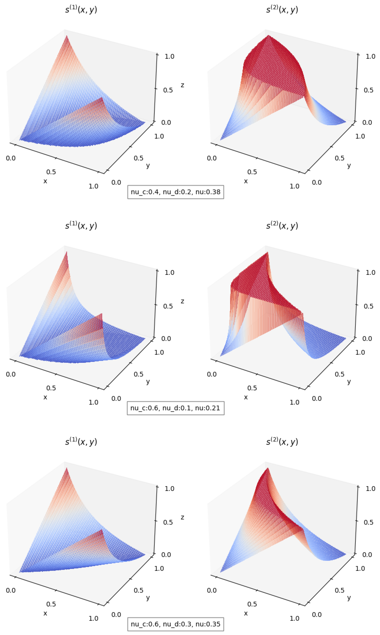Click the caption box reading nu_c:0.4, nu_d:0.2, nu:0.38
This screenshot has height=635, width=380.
pyautogui.click(x=175, y=192)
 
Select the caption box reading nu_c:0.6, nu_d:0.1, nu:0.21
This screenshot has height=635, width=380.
pyautogui.click(x=175, y=408)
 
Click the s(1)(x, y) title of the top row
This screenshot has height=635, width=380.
pyautogui.click(x=81, y=10)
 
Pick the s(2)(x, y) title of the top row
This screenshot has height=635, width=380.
pyautogui.click(x=282, y=10)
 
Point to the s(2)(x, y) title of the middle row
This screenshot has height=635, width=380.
pyautogui.click(x=282, y=226)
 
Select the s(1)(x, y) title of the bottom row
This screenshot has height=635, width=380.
pyautogui.click(x=81, y=442)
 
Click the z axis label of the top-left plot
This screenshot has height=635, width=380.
pyautogui.click(x=182, y=85)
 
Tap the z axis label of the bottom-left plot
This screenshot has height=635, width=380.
pyautogui.click(x=182, y=517)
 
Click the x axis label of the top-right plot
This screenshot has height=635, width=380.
pyautogui.click(x=246, y=181)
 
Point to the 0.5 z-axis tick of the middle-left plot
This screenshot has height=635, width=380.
pyautogui.click(x=168, y=306)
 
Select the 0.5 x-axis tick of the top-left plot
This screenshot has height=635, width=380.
pyautogui.click(x=51, y=172)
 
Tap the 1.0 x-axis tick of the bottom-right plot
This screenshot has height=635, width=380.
pyautogui.click(x=294, y=618)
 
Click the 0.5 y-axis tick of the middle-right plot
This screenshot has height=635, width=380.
pyautogui.click(x=340, y=374)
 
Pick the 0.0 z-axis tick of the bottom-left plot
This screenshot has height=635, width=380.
pyautogui.click(x=166, y=555)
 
